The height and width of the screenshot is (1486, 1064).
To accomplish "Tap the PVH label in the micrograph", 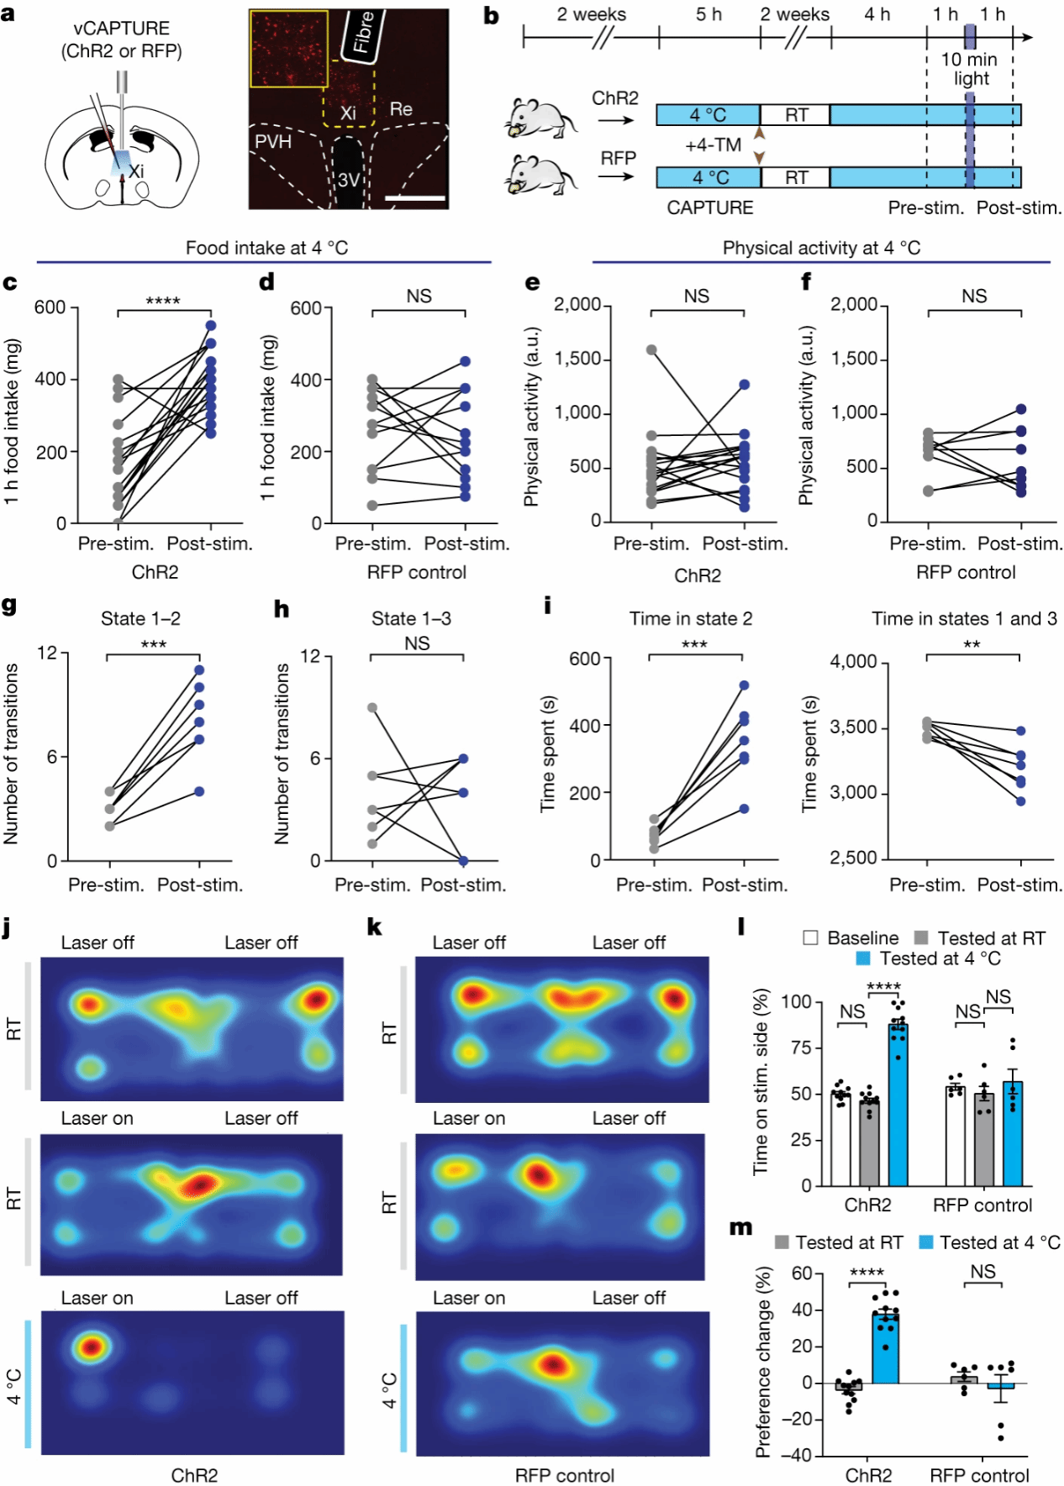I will coord(273,141).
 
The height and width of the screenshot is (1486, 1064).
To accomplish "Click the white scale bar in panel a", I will coord(415,198).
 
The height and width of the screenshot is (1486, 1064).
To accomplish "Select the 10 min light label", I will coord(969,69).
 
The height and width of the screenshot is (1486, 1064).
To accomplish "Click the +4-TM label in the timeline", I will coord(713,145).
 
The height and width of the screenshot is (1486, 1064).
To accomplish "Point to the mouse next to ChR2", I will coord(542,118).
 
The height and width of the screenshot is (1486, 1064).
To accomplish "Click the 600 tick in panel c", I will coord(50,307).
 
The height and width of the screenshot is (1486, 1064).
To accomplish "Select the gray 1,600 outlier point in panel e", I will coord(651,350).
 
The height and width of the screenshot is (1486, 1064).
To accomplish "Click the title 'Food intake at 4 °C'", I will coord(266,248).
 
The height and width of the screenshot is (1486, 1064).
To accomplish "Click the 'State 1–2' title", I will coord(140,619).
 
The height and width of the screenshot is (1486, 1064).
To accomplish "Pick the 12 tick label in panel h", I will coord(310,656).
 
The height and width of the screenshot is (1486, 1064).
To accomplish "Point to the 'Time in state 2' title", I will coord(691,619).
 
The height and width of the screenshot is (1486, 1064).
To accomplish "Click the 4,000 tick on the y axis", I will coord(853,662).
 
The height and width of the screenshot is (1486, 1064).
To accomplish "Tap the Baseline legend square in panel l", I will coord(810,937).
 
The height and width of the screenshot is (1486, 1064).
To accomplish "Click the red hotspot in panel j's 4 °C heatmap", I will coord(91,1347).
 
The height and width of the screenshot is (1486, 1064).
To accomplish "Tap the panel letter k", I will coord(375,927).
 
